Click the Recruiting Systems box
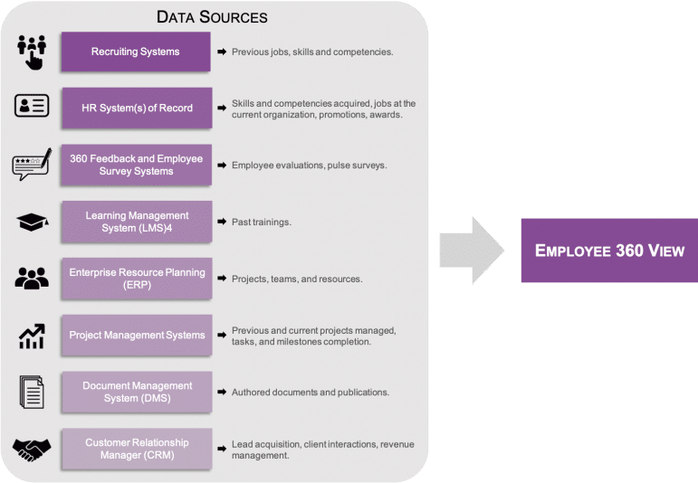[136, 52]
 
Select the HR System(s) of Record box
[137, 108]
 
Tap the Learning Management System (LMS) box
[137, 222]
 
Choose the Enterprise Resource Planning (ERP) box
[137, 279]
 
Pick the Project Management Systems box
[137, 335]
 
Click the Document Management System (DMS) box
[137, 392]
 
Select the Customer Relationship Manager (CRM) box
[137, 449]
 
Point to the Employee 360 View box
[609, 251]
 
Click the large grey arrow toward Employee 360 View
[472, 251]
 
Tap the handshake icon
[32, 450]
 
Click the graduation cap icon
[32, 222]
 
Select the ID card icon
[32, 106]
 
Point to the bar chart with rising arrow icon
[32, 336]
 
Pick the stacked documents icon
[32, 392]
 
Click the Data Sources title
[212, 17]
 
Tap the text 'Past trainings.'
[262, 222]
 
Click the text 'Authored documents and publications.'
[311, 393]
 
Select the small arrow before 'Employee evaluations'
[222, 165]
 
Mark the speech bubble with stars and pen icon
[32, 164]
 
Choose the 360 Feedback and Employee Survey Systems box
[136, 165]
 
